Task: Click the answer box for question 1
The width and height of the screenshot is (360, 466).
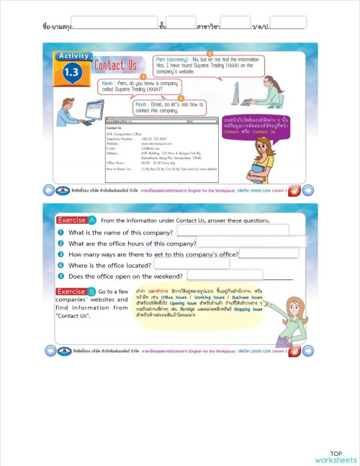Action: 232,230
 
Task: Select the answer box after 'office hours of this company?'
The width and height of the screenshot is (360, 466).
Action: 247,242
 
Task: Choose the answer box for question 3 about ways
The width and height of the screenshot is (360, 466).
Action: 269,253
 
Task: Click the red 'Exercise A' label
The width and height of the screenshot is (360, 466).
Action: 76,220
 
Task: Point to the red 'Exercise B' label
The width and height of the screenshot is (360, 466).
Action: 76,291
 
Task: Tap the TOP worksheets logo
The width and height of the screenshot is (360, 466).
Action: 335,457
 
